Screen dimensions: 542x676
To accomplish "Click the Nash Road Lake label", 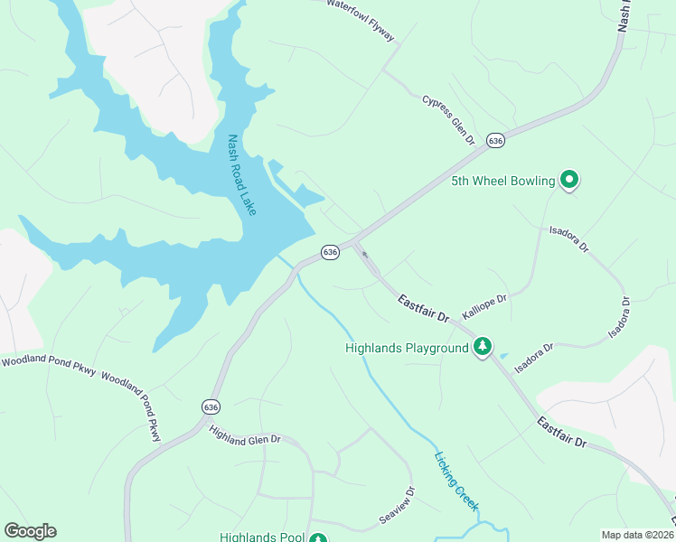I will coord(241,175).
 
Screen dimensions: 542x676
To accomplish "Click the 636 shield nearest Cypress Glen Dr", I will coord(494,141).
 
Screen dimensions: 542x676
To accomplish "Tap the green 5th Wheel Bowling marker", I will coord(569,181).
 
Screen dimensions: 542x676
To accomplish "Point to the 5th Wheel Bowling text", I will coord(503,182).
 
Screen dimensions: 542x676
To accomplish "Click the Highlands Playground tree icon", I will coord(484,347).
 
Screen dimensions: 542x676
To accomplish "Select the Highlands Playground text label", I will coord(408,348).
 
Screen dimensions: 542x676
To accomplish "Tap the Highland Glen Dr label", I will coord(246,435).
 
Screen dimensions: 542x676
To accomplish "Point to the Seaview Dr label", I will coord(397,506).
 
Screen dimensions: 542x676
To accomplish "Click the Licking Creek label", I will coord(455,481).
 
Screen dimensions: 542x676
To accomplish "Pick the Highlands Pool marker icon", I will coord(317,539).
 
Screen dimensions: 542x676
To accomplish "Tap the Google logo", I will coord(30,531).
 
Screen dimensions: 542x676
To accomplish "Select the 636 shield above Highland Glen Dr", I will coord(211,407).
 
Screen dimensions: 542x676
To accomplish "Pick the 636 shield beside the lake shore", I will coord(330,252).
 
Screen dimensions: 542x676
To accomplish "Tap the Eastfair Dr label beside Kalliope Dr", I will coord(424,308).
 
